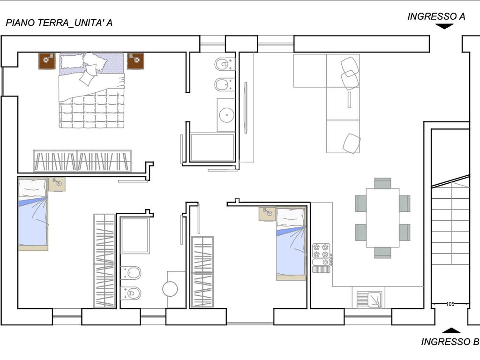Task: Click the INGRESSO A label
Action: tap(436, 16)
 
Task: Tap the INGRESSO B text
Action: tap(450, 342)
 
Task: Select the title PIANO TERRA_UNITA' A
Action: tap(59, 22)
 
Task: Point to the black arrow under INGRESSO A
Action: tap(444, 27)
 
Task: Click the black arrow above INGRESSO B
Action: tap(451, 330)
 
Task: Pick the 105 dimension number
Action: tap(450, 304)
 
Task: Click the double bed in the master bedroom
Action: tap(92, 90)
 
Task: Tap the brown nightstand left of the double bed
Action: tap(47, 61)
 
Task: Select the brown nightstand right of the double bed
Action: tap(135, 61)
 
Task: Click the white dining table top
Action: tap(382, 217)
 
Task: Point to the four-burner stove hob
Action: tap(321, 251)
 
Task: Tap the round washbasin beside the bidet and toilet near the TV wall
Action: tap(226, 115)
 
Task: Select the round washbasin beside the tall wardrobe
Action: tap(170, 289)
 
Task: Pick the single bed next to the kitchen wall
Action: tap(291, 244)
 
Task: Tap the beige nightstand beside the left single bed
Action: tap(57, 184)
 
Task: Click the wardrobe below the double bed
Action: tap(82, 161)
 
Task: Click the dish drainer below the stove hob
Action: tap(321, 269)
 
